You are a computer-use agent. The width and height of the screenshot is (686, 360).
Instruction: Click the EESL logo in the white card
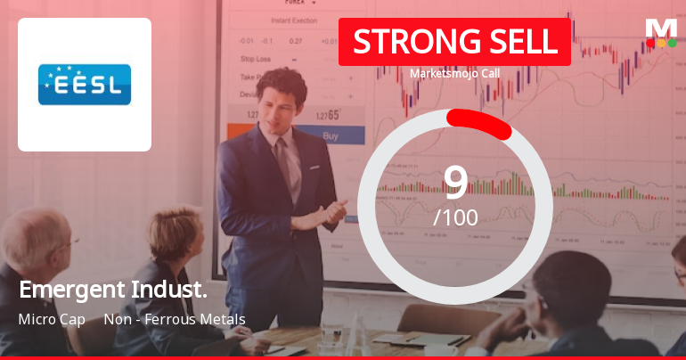coord(85,84)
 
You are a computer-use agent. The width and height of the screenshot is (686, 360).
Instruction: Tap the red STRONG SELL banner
coord(454,42)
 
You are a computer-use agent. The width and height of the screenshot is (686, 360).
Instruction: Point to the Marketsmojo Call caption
coord(454,73)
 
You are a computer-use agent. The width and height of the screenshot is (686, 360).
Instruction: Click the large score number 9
coord(455,182)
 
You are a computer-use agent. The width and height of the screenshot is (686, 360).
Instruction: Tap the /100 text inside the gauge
coord(455,217)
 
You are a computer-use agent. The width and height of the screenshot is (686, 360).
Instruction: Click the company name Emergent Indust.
coord(113,290)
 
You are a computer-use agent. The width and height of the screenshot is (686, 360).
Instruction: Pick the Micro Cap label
coord(52,319)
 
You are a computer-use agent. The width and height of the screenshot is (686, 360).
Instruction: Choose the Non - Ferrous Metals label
coord(175,319)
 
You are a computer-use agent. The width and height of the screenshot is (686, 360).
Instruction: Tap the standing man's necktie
coord(283,160)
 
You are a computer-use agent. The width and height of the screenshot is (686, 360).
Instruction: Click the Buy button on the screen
coord(331,136)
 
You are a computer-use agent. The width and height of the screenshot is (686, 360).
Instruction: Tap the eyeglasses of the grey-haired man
coord(67,243)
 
